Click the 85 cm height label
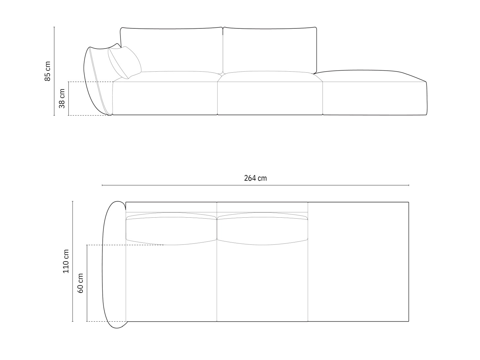point(48,71)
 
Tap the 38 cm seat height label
point(62,98)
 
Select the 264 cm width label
point(255,178)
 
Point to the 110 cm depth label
point(66,261)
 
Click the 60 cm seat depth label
point(81,283)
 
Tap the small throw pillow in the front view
point(124,62)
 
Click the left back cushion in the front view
point(172,50)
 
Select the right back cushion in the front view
point(270,50)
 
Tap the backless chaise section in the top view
point(358,261)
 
